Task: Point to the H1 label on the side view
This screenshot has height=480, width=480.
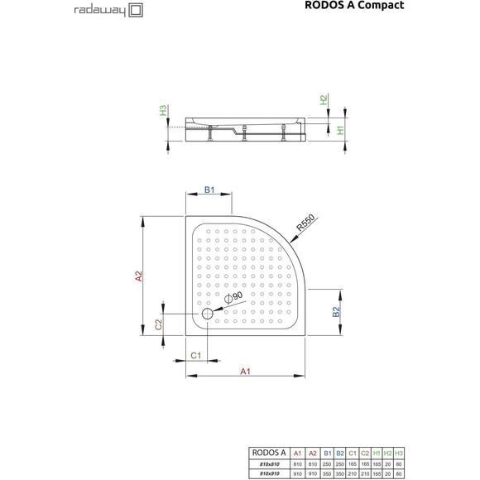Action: point(340,129)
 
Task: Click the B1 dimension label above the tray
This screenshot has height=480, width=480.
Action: point(209,190)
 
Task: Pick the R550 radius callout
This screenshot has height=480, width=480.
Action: point(305,221)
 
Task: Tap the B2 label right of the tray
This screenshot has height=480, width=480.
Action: point(337,312)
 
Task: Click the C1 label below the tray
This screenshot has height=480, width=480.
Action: point(196,354)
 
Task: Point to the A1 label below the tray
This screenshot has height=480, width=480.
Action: point(246,372)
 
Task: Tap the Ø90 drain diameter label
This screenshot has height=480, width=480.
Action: point(233,296)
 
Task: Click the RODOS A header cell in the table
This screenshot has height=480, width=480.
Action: point(266,453)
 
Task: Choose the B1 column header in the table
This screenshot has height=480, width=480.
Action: point(329,453)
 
